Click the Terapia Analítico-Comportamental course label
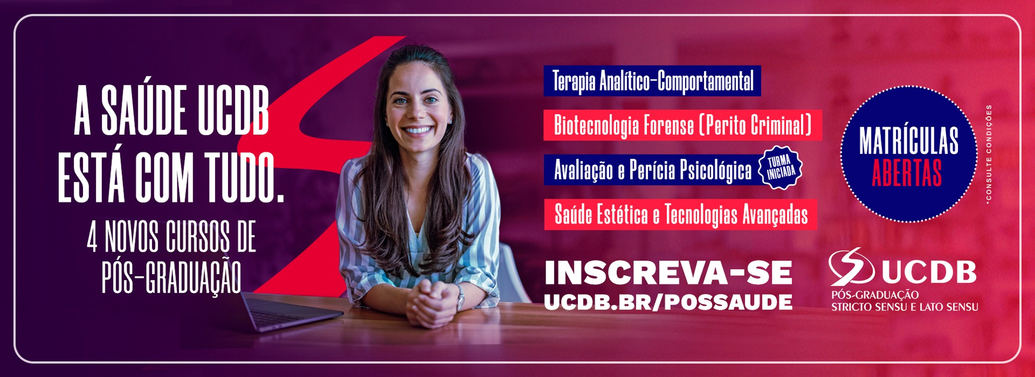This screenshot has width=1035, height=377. pyautogui.click(x=652, y=81)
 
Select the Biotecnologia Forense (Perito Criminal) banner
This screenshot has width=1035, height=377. pyautogui.click(x=682, y=125)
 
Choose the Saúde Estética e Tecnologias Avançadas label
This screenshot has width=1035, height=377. pyautogui.click(x=680, y=215)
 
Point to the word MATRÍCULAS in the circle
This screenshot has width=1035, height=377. pyautogui.click(x=908, y=141)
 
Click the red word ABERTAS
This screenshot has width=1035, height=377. pyautogui.click(x=907, y=173)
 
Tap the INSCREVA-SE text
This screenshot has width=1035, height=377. pyautogui.click(x=668, y=273)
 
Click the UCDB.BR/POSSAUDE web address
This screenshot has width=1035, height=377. pyautogui.click(x=668, y=302)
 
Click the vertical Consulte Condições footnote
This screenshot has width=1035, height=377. pyautogui.click(x=989, y=154)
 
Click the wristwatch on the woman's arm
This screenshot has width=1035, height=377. pyautogui.click(x=461, y=297)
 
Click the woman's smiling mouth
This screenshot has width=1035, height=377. pyautogui.click(x=417, y=130)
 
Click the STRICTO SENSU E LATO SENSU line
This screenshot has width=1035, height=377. pyautogui.click(x=904, y=307)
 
